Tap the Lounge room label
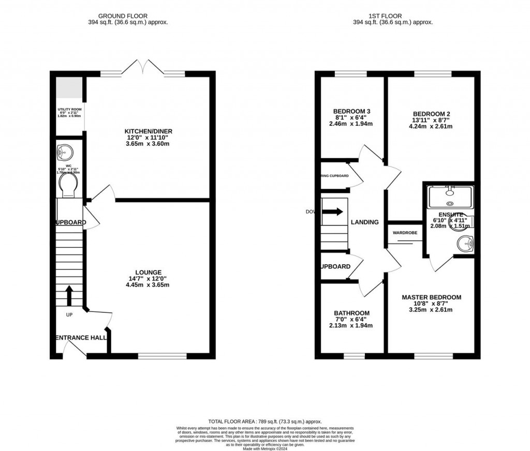tap(149, 272)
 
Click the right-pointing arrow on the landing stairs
tap(332, 212)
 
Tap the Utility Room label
tap(69, 110)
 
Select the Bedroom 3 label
tap(351, 111)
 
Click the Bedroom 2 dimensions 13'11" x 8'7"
tap(431, 120)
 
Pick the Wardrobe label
tap(405, 233)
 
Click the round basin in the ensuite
tap(466, 242)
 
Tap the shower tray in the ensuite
tap(450, 197)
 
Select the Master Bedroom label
tap(431, 297)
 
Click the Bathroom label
tap(351, 313)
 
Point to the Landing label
tap(365, 222)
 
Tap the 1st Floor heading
tap(392, 16)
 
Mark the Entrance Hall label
tap(80, 338)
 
